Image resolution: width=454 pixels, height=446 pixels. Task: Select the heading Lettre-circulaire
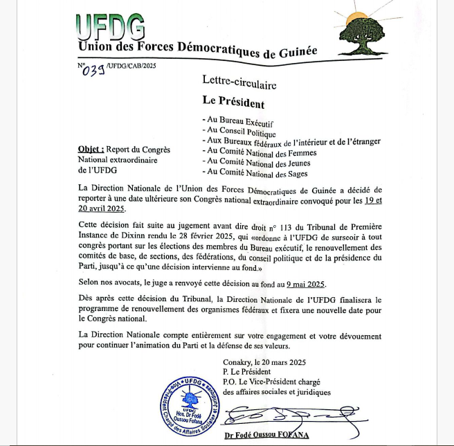(239, 84)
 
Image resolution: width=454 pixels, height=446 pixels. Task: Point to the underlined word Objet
(91, 149)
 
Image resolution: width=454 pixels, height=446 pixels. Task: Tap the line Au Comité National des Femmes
(257, 153)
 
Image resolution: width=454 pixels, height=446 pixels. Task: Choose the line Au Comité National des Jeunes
(255, 163)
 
